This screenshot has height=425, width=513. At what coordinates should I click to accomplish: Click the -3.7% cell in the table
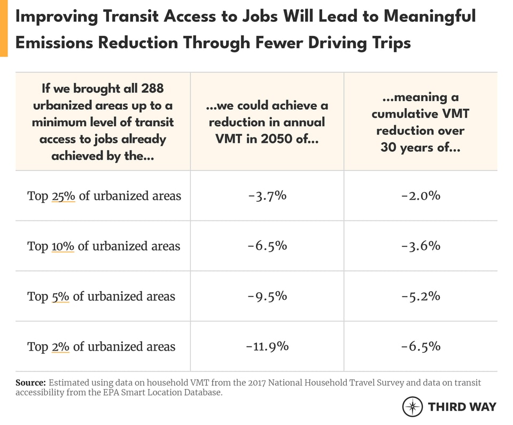(267, 196)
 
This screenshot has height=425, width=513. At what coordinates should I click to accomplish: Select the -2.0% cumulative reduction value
(421, 196)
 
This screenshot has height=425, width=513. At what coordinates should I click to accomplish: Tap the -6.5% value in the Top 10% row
(267, 246)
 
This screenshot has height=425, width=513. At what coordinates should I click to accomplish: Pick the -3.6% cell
(421, 246)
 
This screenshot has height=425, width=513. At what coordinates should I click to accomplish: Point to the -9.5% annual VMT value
(267, 296)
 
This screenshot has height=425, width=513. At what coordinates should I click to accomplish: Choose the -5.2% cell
(421, 296)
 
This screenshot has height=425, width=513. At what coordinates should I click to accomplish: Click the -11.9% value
(267, 346)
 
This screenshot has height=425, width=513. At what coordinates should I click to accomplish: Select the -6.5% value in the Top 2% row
(421, 346)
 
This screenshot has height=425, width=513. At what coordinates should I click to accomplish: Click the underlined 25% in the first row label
(64, 196)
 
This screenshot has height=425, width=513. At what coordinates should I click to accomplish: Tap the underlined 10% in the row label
(63, 246)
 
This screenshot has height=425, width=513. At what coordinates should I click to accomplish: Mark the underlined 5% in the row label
(60, 297)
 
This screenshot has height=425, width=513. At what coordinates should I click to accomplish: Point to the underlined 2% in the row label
(60, 347)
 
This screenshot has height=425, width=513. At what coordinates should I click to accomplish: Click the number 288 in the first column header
(149, 88)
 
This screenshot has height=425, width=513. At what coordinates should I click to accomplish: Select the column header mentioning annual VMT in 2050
(267, 122)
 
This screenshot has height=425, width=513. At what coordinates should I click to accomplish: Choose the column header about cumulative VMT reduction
(421, 122)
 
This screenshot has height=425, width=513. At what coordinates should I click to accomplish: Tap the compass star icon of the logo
(412, 407)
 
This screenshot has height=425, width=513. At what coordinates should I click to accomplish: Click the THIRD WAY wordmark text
(462, 407)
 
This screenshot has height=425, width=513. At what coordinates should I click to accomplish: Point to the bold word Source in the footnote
(30, 383)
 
